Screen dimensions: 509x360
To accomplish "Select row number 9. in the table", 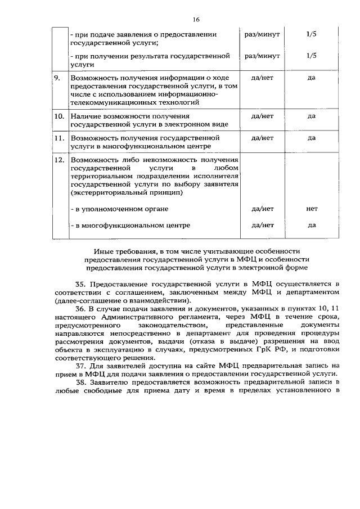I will click(57, 78).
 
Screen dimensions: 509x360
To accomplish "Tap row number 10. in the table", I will click(58, 116).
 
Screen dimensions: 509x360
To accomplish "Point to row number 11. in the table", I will click(58, 137).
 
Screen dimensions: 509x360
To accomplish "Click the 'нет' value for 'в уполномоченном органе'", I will click(312, 209).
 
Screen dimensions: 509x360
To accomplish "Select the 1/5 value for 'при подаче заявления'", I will click(312, 34).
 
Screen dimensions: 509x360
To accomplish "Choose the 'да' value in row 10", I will click(312, 116).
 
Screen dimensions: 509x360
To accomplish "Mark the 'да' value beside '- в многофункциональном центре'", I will click(312, 225).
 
